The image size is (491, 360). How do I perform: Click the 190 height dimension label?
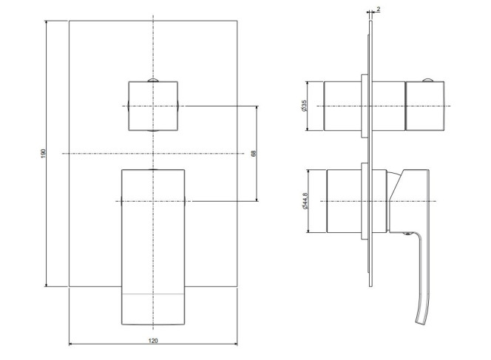[44, 154]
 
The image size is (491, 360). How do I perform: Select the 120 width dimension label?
[153, 341]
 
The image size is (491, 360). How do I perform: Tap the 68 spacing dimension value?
[254, 154]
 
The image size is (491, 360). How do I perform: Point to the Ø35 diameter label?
[304, 106]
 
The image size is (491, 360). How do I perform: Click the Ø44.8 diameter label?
[305, 201]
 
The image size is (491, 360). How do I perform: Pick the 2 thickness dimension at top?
[379, 10]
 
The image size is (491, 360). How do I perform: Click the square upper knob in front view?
[153, 106]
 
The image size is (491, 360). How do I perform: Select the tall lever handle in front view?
[153, 248]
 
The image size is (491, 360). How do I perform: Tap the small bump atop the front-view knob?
[153, 80]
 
